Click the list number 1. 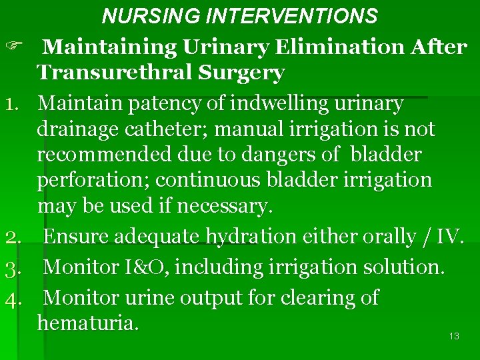tap(15, 104)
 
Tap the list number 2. tap(15, 237)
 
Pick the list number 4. tap(15, 298)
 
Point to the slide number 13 tap(454, 336)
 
